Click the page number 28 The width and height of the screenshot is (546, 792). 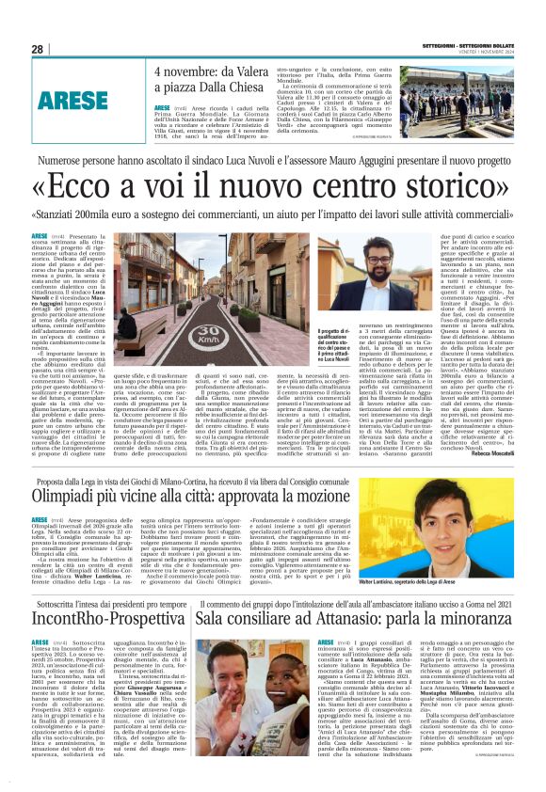38,49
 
